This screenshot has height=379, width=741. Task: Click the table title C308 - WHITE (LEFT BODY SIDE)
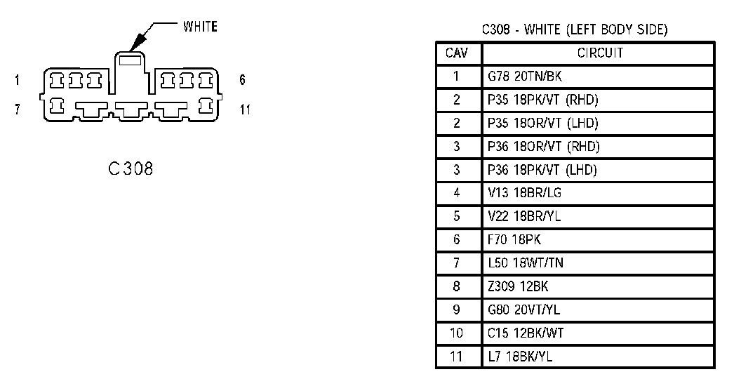574,30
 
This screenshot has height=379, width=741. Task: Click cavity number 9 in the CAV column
456,310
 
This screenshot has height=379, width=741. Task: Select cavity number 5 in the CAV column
456,216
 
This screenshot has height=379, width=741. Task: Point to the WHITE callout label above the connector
200,27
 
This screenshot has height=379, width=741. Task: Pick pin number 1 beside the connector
17,80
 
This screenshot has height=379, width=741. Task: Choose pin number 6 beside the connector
242,80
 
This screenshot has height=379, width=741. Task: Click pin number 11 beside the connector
244,110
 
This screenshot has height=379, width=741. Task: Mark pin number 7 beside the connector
17,110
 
